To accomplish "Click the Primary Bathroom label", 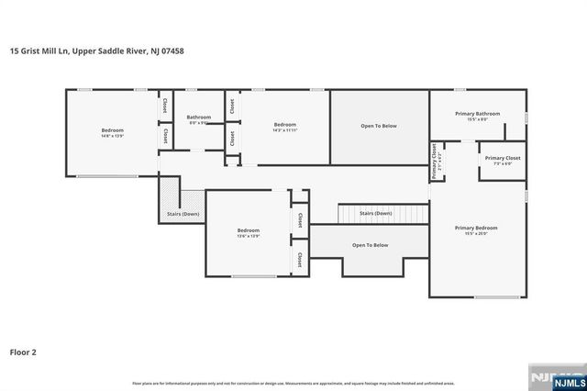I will pyautogui.click(x=477, y=114).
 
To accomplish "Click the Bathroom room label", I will pyautogui.click(x=199, y=117).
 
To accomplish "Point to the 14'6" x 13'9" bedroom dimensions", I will pyautogui.click(x=112, y=136).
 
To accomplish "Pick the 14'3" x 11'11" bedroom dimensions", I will pyautogui.click(x=284, y=130).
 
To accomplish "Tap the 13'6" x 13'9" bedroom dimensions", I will pyautogui.click(x=249, y=236).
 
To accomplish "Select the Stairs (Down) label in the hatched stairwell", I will pyautogui.click(x=183, y=214).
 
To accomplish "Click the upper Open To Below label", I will pyautogui.click(x=380, y=126).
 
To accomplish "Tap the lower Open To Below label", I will pyautogui.click(x=371, y=245).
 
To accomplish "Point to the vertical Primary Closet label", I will pyautogui.click(x=434, y=161).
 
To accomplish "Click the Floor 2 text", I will pyautogui.click(x=23, y=351).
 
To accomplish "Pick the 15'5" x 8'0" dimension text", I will pyautogui.click(x=477, y=119).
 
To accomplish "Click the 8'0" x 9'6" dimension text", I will pyautogui.click(x=199, y=122).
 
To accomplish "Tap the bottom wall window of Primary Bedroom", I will pyautogui.click(x=500, y=297).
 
